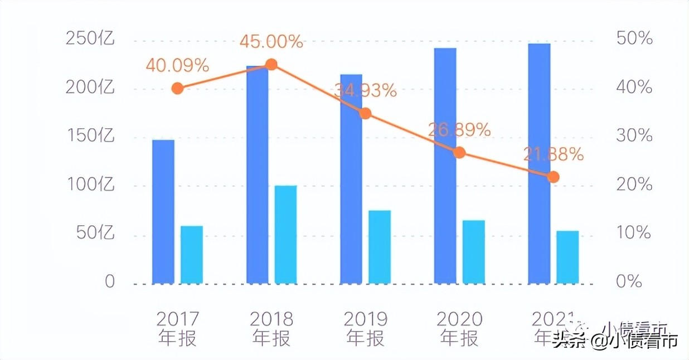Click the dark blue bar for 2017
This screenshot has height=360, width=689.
163,211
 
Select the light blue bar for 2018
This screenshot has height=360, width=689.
285,234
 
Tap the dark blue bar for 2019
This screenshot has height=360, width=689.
351,178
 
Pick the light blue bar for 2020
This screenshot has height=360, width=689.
473,251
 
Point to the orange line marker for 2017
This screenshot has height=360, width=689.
177,88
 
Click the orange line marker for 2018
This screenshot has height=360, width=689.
271,65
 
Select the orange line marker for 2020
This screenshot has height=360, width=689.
459,153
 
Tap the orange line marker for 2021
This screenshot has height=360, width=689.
553,177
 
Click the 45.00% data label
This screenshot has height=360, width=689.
271,42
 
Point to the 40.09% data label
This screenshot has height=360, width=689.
177,66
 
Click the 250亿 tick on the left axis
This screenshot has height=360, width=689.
90,39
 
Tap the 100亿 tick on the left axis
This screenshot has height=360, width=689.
90,184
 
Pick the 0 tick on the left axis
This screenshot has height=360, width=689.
109,282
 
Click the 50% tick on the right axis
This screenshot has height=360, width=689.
634,39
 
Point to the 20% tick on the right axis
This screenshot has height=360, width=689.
634,184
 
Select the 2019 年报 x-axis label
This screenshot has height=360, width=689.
365,328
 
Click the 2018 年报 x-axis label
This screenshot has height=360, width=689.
271,328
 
